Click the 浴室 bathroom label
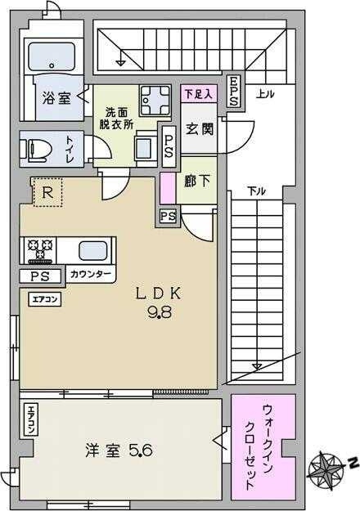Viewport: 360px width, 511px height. [56, 98]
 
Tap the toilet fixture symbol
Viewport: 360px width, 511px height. [37, 150]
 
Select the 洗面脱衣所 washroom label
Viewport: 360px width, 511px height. [116, 118]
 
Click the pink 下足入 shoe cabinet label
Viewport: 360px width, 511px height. [199, 94]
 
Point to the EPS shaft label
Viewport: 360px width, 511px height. [233, 92]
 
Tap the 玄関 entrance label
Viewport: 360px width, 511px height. [200, 129]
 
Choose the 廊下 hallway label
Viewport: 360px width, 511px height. [196, 182]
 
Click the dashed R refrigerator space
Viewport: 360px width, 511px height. [48, 193]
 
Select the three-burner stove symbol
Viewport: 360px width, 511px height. [40, 250]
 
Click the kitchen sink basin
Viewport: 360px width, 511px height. [93, 251]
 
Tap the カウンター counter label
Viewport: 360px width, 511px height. [90, 275]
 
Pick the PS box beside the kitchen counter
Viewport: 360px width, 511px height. [40, 276]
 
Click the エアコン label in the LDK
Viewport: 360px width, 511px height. [45, 299]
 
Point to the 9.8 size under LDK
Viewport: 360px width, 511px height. [160, 313]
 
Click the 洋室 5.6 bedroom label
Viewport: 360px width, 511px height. [119, 451]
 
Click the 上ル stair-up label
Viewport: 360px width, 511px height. [264, 94]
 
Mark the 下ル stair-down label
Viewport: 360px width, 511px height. [256, 191]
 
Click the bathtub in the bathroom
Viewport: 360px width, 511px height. [52, 56]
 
